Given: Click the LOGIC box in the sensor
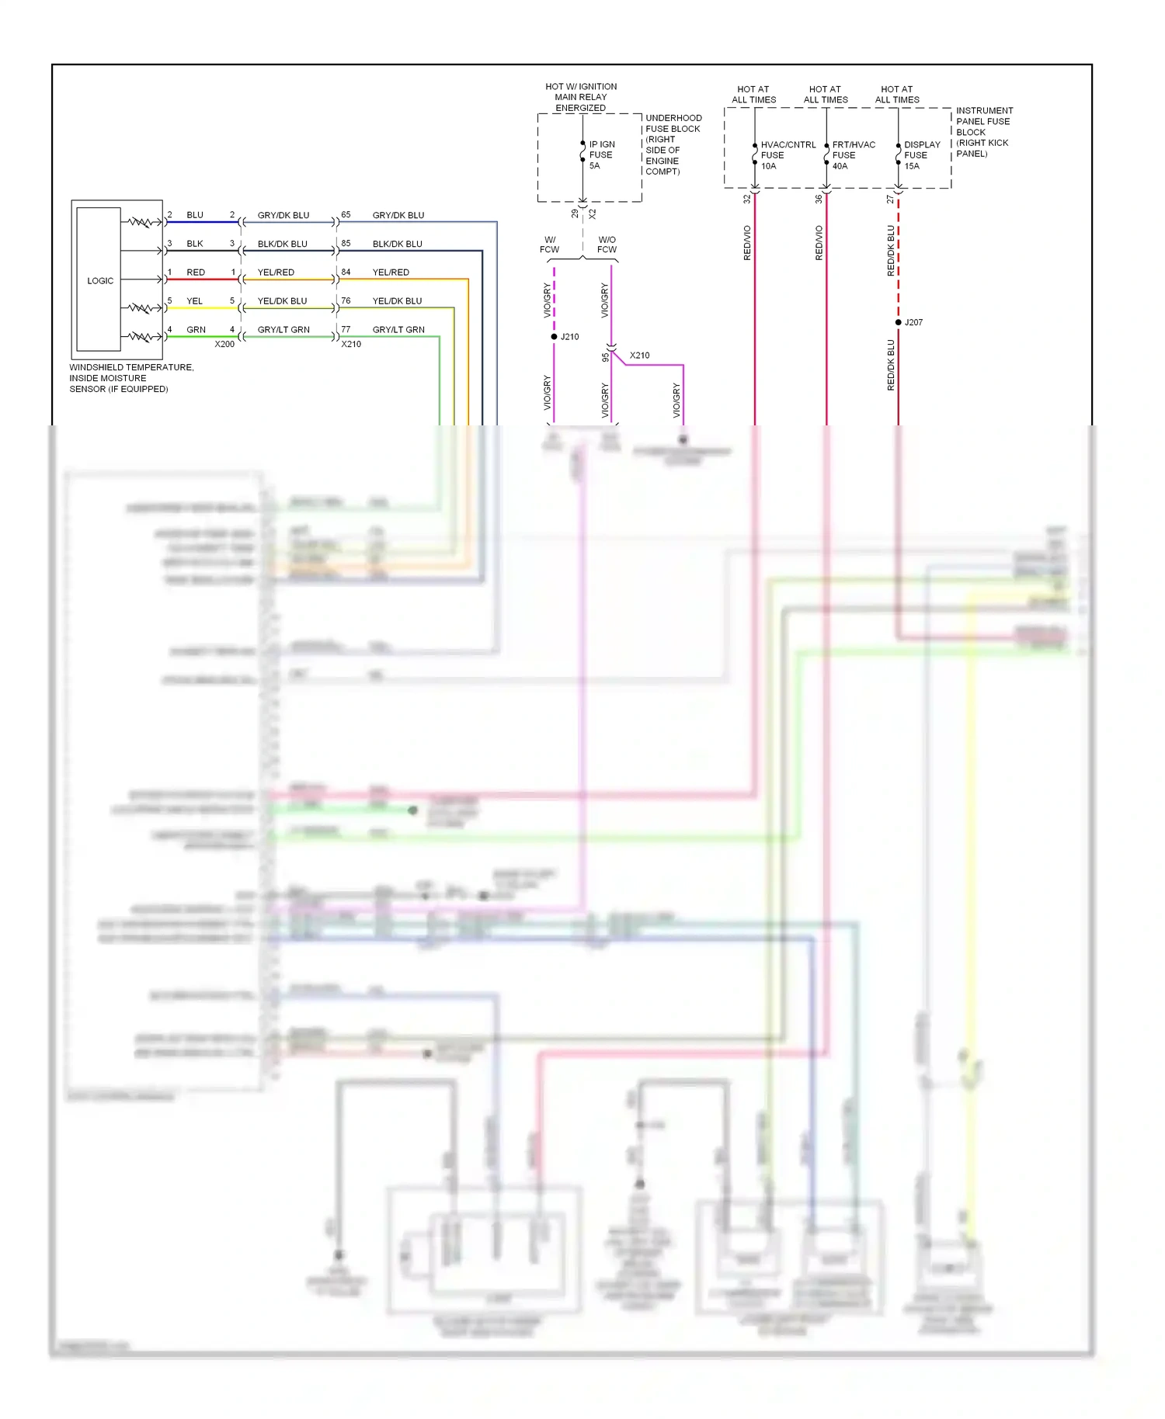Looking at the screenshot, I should tap(99, 280).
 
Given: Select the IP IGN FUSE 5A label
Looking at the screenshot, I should tap(601, 154).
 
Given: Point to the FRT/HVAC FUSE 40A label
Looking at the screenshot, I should tap(853, 154).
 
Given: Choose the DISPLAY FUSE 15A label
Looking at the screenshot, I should tap(921, 154).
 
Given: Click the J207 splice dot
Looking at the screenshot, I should tap(899, 322).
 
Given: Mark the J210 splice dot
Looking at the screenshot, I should tap(554, 337).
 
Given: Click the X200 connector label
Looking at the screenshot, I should tap(224, 344).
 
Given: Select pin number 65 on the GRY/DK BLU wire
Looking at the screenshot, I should tap(346, 214).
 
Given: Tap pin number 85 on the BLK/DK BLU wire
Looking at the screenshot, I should tap(346, 243).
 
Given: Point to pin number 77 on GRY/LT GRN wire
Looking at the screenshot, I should tap(346, 329).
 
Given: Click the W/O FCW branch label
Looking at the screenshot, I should tap(607, 245).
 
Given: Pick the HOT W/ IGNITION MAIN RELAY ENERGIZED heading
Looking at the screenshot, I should tap(581, 97).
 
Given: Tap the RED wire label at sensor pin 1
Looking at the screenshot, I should tap(196, 272).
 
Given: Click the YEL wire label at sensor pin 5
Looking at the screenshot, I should tap(194, 301).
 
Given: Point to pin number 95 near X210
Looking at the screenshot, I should tap(605, 358).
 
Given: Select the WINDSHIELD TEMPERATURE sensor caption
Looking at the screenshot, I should tap(131, 378).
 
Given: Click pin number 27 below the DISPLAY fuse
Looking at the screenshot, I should tap(890, 199).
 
